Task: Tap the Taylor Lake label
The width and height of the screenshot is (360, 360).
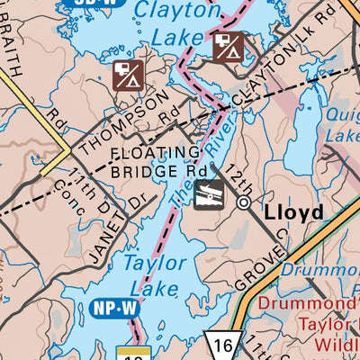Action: [153, 274]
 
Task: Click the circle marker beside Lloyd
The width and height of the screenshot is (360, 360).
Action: [243, 203]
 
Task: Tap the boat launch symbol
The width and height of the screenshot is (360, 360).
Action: [208, 193]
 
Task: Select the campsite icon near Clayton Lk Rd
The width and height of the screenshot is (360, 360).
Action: [229, 46]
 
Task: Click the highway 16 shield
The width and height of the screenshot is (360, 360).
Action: [220, 345]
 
